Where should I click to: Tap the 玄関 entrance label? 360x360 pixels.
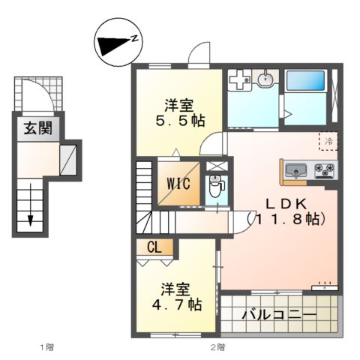click(37, 128)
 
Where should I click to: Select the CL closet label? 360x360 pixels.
click(154, 247)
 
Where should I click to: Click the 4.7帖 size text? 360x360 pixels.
click(174, 304)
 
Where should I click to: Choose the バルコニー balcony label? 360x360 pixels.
click(278, 315)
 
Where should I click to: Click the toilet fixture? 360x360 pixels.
click(215, 187)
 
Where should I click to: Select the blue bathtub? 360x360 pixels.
click(304, 81)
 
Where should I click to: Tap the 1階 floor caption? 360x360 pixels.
click(46, 346)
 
